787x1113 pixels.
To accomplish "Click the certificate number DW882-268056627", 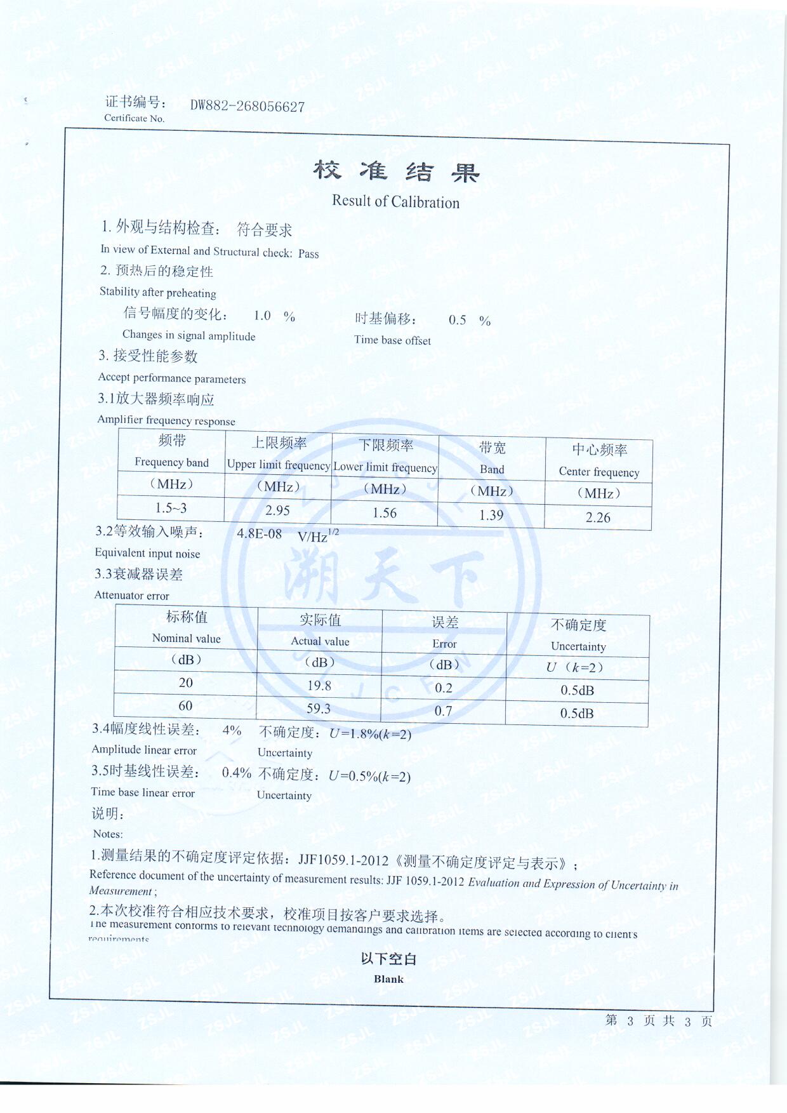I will pyautogui.click(x=248, y=106).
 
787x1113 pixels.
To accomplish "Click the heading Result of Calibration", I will pyautogui.click(x=395, y=202).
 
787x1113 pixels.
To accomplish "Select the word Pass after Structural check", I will pyautogui.click(x=308, y=254).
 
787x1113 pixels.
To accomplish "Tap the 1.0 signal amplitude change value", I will pyautogui.click(x=262, y=316).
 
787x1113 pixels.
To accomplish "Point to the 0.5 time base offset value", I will pyautogui.click(x=457, y=320).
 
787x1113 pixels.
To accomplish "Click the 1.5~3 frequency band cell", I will pyautogui.click(x=171, y=508).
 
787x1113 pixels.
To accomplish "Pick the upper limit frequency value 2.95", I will pyautogui.click(x=277, y=510).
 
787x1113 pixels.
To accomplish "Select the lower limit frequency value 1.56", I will pyautogui.click(x=385, y=513).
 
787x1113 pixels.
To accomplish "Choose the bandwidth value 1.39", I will pyautogui.click(x=491, y=515).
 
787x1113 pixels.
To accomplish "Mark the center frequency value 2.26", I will pyautogui.click(x=598, y=517).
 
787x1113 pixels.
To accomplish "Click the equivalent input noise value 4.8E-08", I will pyautogui.click(x=259, y=533).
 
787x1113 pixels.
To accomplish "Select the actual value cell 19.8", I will pyautogui.click(x=319, y=686).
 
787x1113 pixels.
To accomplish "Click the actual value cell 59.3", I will pyautogui.click(x=319, y=709).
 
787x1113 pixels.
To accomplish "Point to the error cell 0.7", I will pyautogui.click(x=443, y=711).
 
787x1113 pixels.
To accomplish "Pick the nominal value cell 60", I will pyautogui.click(x=185, y=705).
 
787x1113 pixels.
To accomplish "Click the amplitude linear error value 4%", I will pyautogui.click(x=232, y=730).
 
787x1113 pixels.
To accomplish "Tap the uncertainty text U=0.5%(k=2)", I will pyautogui.click(x=369, y=776).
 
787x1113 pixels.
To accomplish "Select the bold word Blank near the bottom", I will pyautogui.click(x=388, y=979).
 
